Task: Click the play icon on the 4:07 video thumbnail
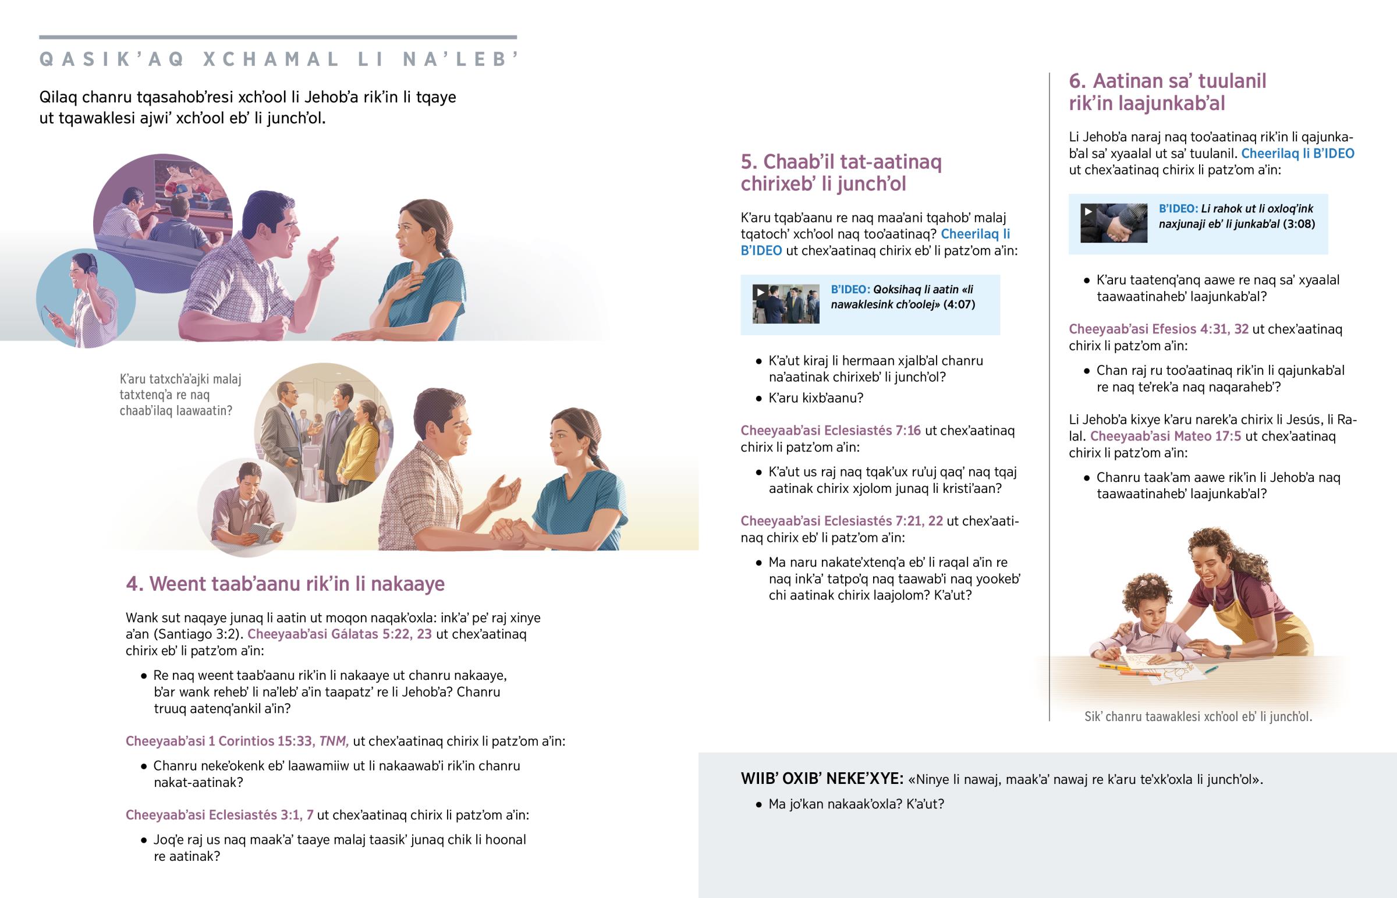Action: tap(760, 292)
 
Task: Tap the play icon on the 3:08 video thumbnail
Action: tap(1088, 211)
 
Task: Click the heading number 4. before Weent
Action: tap(134, 584)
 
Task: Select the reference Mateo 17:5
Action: tap(1207, 436)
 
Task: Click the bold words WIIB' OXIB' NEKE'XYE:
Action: tap(822, 779)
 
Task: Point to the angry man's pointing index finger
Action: tap(330, 244)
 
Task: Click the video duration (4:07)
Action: tap(959, 304)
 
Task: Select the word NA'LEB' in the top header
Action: tap(460, 59)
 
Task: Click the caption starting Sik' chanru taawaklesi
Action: tap(1198, 716)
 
